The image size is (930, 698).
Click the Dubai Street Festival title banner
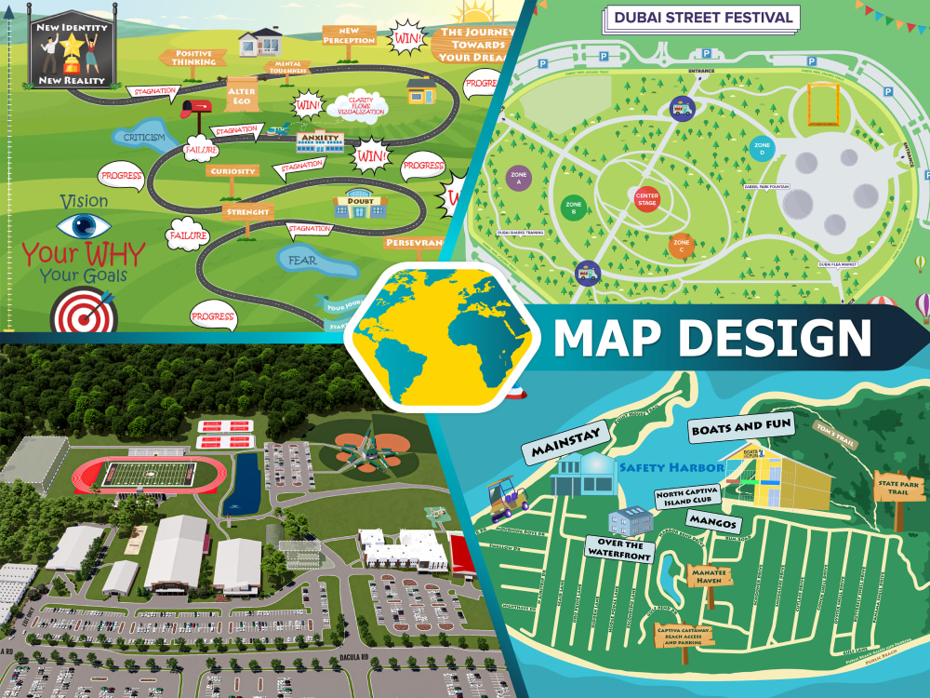702,17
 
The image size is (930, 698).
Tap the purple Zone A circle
518,179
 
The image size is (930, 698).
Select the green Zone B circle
573,207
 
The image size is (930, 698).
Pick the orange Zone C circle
681,246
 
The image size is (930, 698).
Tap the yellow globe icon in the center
436,338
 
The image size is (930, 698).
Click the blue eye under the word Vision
84,226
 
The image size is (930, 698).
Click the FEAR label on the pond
302,261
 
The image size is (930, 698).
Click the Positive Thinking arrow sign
193,58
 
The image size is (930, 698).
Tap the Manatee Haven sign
710,576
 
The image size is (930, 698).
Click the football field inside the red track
149,474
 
